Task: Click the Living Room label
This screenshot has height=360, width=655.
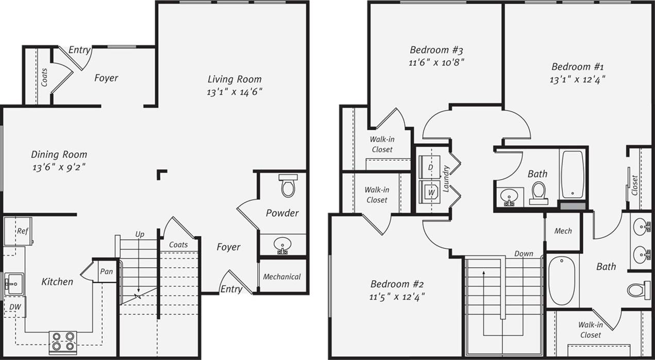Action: [234, 79]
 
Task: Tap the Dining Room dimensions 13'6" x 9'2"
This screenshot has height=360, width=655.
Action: [59, 167]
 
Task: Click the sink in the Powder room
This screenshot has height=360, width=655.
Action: [282, 245]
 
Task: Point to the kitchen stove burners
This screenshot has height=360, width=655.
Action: [63, 341]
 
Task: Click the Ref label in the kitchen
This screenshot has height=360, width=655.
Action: [22, 231]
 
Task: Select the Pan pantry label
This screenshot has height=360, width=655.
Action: [106, 271]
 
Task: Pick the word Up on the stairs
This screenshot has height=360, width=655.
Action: [140, 234]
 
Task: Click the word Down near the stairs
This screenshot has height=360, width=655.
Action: [524, 254]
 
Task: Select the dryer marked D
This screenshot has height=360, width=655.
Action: [430, 167]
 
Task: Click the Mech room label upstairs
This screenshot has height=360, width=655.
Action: [563, 231]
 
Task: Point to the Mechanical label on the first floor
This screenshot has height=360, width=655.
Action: [282, 277]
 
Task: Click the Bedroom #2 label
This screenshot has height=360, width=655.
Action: [397, 284]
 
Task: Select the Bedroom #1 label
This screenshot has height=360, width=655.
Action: [577, 66]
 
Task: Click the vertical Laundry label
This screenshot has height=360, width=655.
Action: [446, 178]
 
